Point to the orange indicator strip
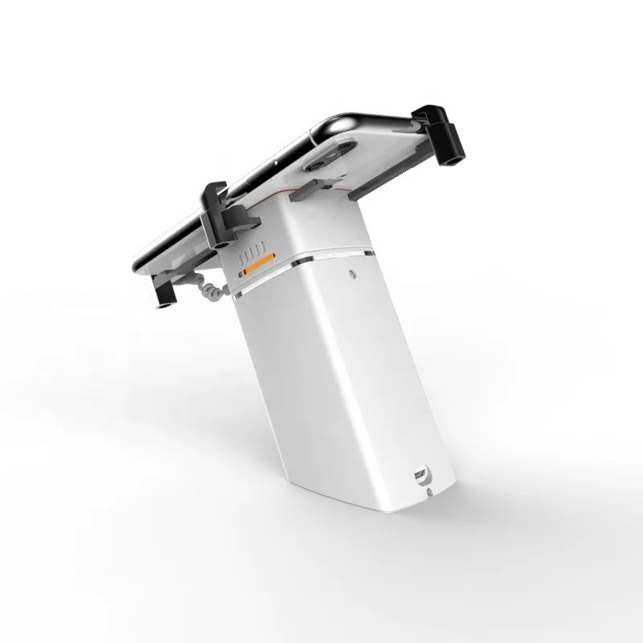(259, 264)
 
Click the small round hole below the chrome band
(354, 274)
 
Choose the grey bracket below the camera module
(309, 192)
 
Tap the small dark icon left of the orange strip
(239, 273)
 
